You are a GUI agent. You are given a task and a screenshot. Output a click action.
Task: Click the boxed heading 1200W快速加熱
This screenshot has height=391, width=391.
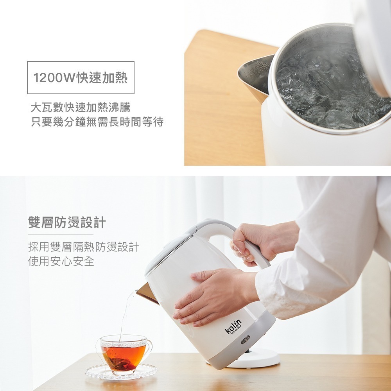(81, 77)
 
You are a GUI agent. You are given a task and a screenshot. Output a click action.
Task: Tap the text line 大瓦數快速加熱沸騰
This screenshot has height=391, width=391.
(81, 107)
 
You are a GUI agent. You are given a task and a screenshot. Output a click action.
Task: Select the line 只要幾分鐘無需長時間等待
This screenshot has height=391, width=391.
(97, 122)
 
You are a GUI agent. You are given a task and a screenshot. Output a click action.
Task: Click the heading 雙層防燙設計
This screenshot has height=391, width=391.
(67, 222)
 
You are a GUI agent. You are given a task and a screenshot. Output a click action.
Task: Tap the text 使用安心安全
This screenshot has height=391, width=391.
(61, 261)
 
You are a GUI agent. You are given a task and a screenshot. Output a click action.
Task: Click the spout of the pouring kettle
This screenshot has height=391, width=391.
(146, 293)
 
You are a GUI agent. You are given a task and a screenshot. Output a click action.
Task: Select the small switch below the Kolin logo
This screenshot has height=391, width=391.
(245, 339)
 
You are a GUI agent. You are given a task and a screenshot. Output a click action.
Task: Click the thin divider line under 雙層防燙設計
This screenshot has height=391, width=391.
(55, 235)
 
